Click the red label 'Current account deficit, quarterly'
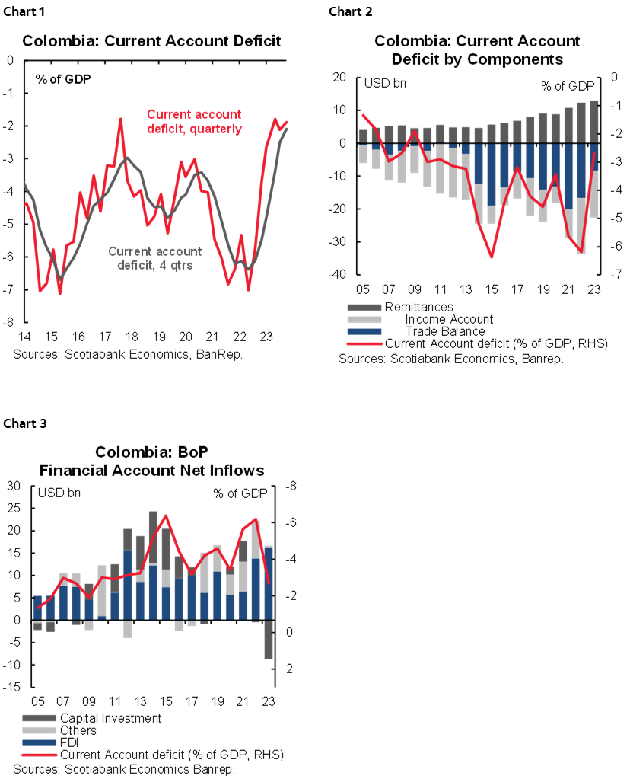194,122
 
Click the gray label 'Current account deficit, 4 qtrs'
155,258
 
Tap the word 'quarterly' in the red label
216,129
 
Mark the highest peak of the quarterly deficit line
121,118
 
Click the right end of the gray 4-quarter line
287,129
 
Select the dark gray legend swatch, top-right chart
364,307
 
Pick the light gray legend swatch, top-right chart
364,319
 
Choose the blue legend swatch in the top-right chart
364,331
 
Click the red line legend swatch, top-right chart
364,344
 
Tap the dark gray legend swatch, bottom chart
39,717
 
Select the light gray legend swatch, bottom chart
39,730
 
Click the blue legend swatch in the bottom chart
39,742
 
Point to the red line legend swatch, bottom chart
39,755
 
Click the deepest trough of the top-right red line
492,257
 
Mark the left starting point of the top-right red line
363,115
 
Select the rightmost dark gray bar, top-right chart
594,121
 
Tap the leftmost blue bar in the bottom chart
37,607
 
